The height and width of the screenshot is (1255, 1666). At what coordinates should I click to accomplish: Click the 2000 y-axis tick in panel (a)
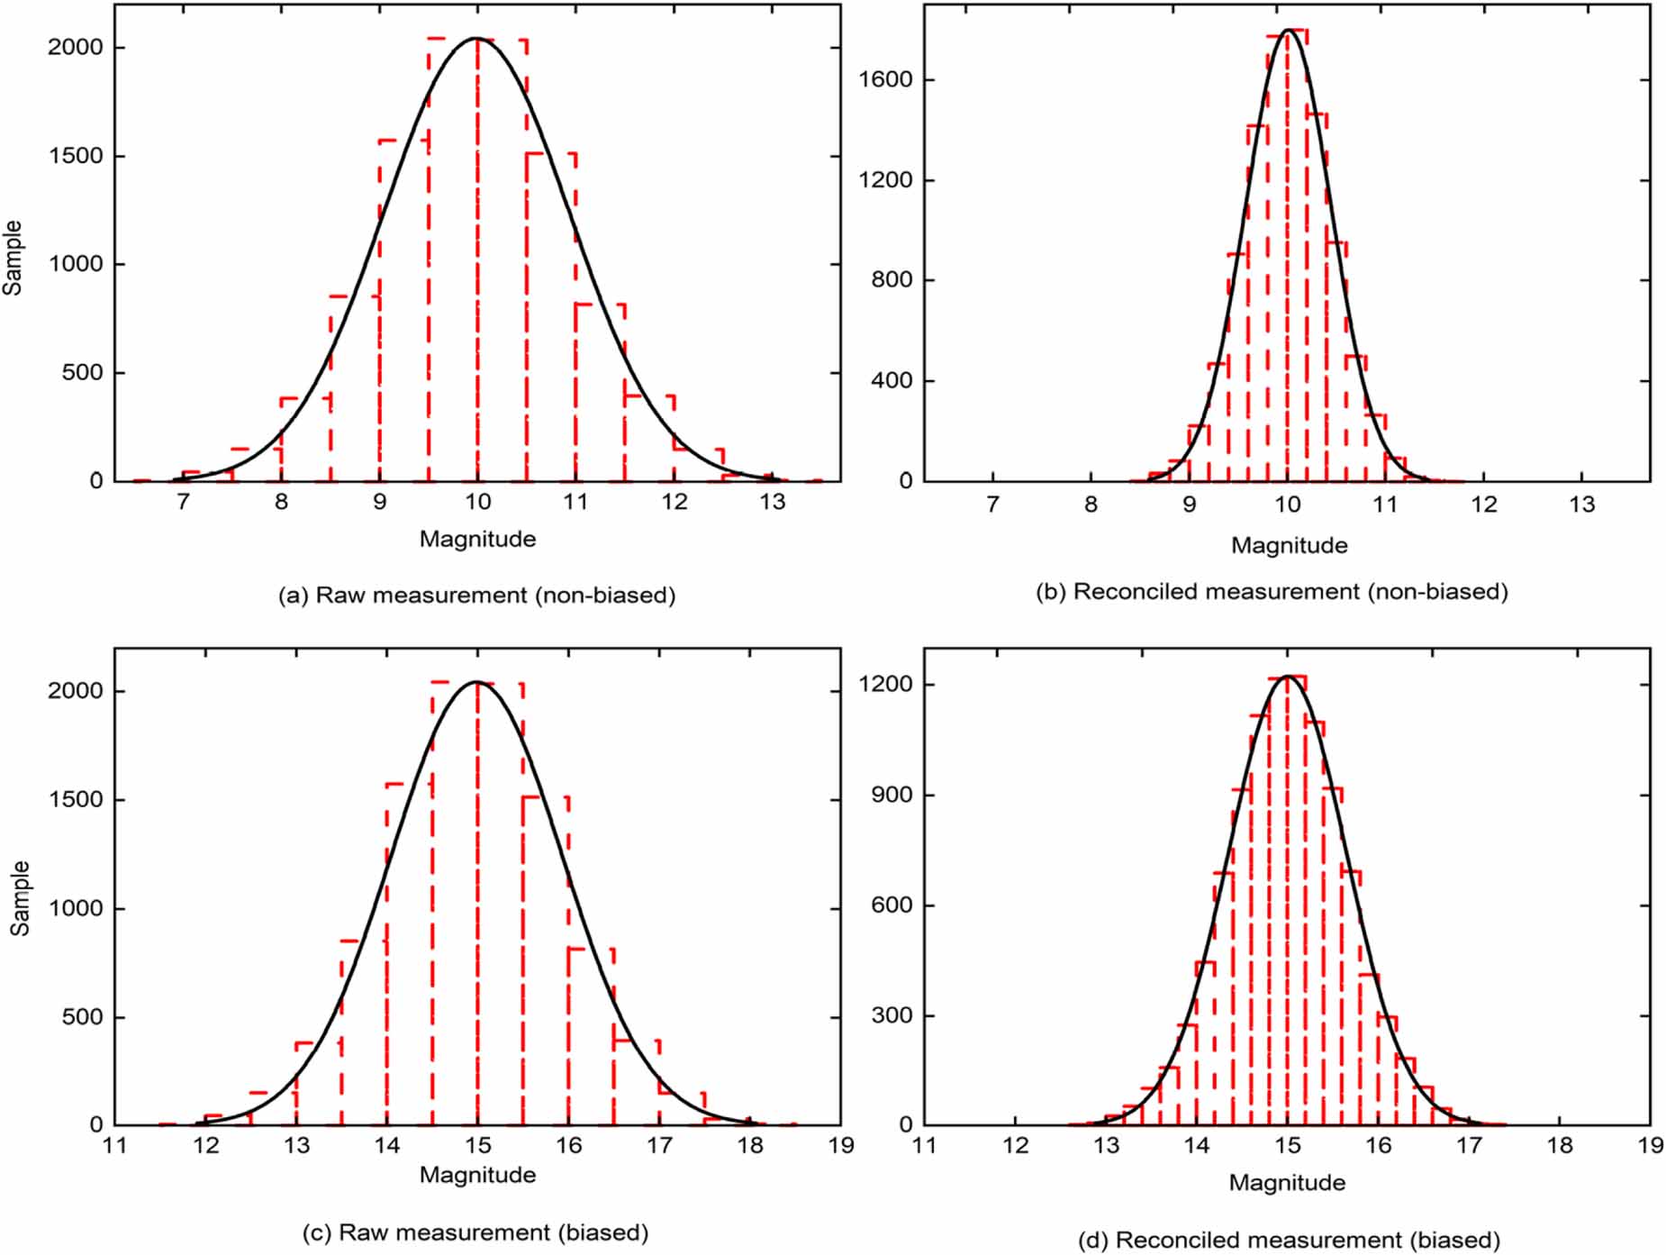[75, 47]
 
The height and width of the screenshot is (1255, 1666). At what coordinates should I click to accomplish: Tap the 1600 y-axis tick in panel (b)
[884, 79]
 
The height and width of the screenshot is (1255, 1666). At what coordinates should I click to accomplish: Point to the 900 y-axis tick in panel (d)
[891, 795]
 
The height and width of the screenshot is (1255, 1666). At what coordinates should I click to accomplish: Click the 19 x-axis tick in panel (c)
[840, 1145]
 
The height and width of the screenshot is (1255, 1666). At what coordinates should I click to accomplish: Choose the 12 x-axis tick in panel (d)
[1015, 1145]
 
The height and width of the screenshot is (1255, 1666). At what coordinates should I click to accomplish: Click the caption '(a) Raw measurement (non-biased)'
[477, 596]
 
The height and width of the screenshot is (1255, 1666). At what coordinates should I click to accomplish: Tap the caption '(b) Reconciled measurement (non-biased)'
[1272, 592]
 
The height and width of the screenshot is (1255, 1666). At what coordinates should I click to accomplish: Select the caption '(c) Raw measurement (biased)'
[475, 1232]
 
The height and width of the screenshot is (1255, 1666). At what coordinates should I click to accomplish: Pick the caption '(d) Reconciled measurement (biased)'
[1289, 1240]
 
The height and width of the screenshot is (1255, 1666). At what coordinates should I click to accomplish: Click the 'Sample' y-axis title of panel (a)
[13, 258]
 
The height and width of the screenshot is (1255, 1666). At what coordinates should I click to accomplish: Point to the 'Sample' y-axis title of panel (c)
[20, 898]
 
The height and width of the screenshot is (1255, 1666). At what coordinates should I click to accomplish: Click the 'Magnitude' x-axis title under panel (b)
[1289, 545]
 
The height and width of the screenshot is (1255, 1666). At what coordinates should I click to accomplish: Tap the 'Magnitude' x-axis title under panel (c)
[477, 1175]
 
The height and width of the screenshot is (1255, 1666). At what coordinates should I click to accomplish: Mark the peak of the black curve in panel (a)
[476, 39]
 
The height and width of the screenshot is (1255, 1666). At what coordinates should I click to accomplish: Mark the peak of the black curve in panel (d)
[1288, 676]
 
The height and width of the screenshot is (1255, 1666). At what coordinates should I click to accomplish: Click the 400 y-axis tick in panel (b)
[891, 380]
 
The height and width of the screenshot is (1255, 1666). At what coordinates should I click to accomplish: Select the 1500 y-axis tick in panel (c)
[75, 799]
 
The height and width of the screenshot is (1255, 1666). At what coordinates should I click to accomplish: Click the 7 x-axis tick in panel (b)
[992, 505]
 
